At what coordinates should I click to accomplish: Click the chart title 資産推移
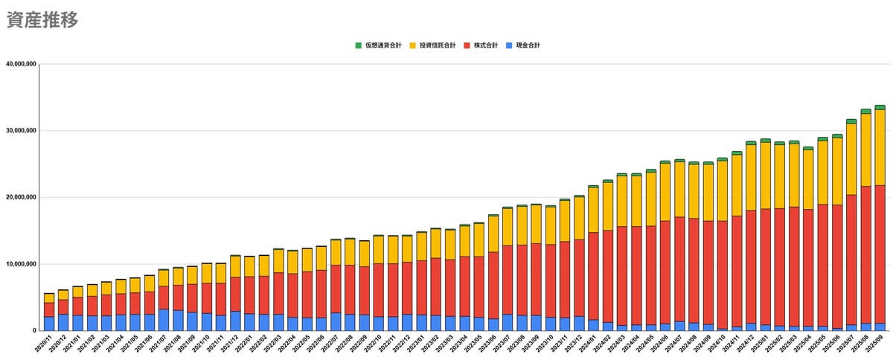(42, 21)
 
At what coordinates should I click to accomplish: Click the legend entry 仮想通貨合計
(383, 45)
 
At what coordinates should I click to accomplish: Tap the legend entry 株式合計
(486, 45)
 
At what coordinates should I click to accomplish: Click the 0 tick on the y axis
(33, 331)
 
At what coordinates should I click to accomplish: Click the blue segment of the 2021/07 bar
(164, 320)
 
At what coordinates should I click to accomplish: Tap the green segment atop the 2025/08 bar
(865, 112)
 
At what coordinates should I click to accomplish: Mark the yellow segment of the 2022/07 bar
(336, 252)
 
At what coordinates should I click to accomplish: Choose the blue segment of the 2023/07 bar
(507, 322)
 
